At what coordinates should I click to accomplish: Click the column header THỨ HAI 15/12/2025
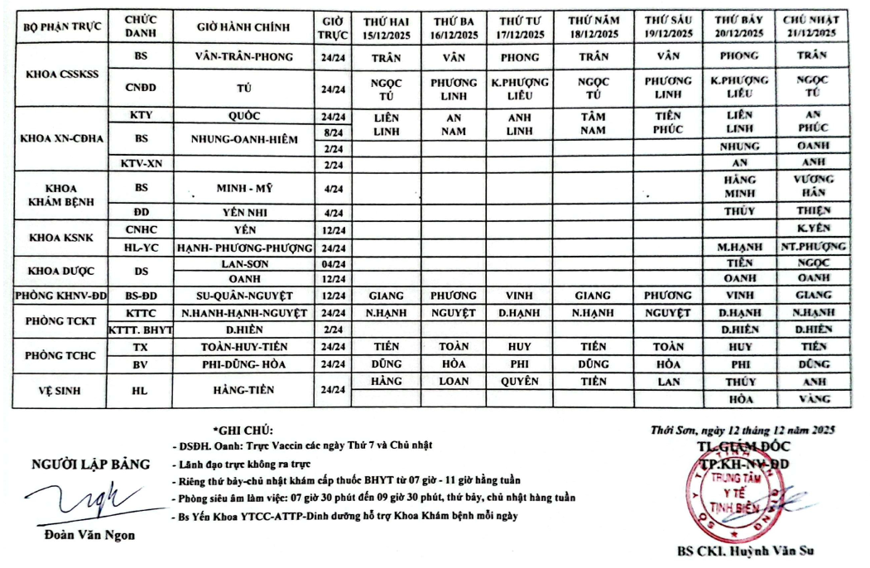point(387,27)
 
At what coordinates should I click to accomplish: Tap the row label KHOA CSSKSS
point(63,74)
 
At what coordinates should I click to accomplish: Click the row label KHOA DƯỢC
point(63,272)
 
